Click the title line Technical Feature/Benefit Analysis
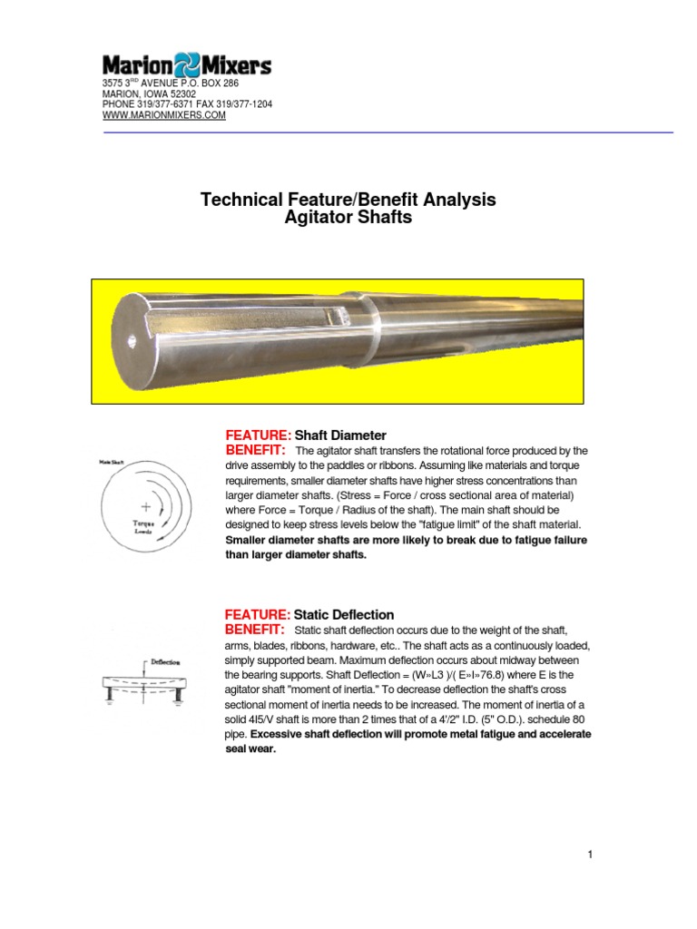(348, 200)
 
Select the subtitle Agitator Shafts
(348, 218)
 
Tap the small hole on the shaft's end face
(133, 342)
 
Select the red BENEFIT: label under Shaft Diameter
(255, 451)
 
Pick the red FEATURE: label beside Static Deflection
(258, 614)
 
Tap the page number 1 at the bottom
(590, 855)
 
